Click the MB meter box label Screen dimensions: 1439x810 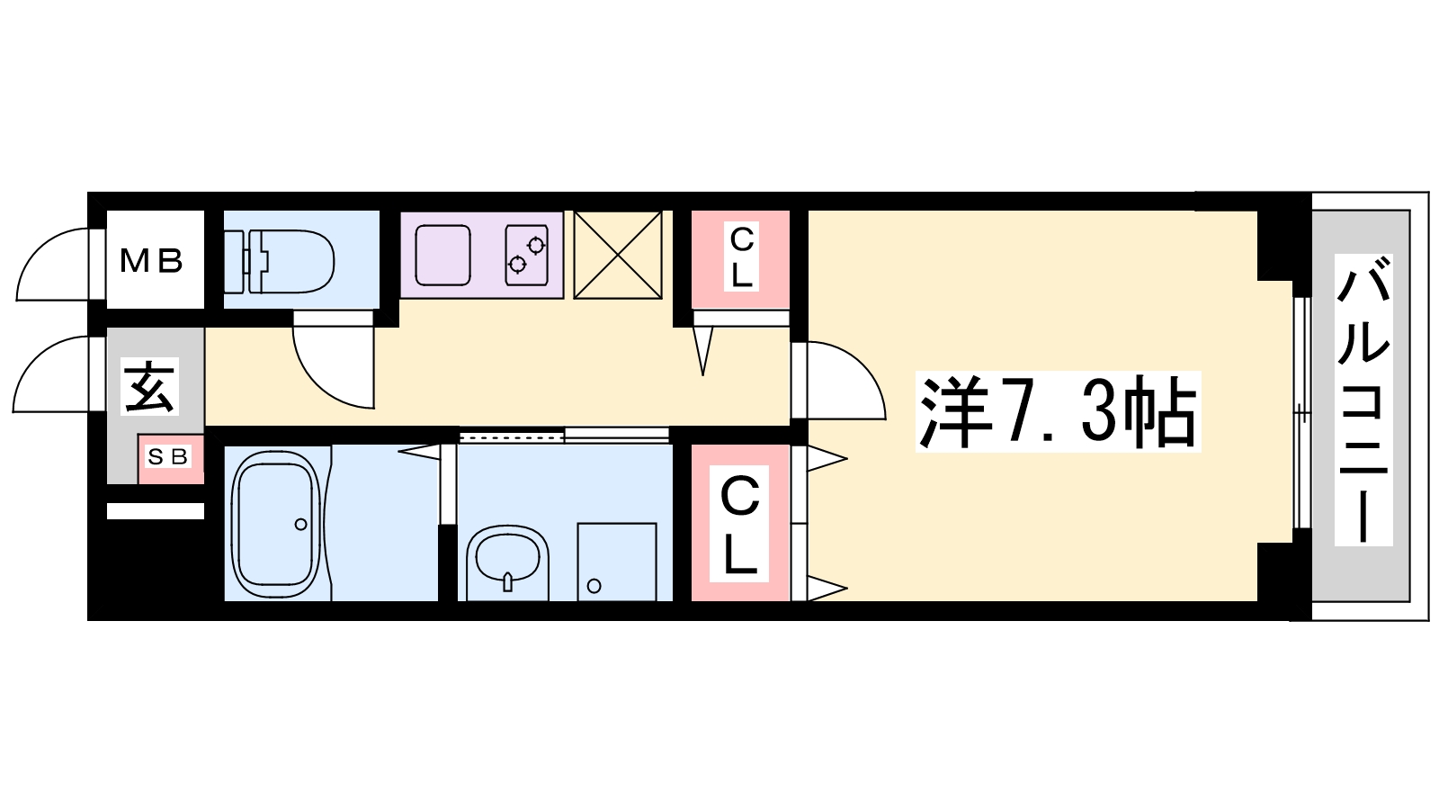click(x=152, y=261)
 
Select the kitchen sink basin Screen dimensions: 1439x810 click(x=442, y=256)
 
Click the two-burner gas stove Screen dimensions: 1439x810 click(x=526, y=255)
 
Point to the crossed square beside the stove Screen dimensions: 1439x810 click(x=617, y=255)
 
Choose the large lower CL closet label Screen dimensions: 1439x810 click(x=739, y=524)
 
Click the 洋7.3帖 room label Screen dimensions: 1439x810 click(x=1058, y=411)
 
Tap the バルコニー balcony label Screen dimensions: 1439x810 click(x=1363, y=400)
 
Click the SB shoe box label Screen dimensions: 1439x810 click(x=168, y=456)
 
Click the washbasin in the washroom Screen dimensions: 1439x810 click(x=507, y=563)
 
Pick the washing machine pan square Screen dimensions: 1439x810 click(x=617, y=562)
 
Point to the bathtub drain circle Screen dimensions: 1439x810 click(x=300, y=525)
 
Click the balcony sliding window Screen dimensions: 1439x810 click(x=1300, y=413)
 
